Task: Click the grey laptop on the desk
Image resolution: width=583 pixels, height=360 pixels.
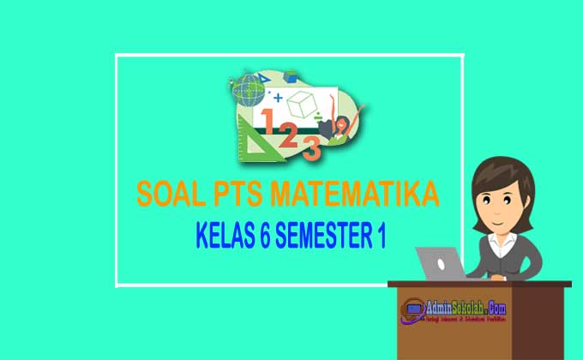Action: [440, 262]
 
